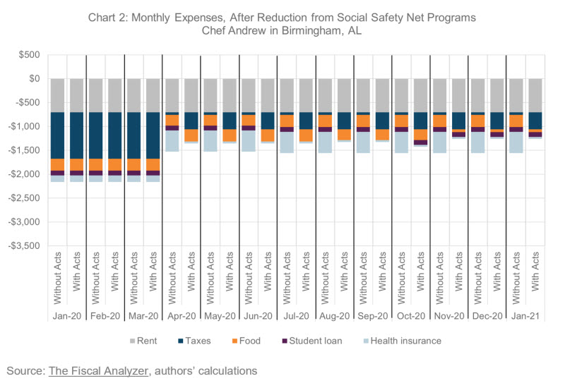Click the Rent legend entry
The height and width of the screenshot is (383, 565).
click(143, 341)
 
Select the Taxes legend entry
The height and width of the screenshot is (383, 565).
click(194, 341)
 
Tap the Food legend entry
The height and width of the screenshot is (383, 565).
click(246, 341)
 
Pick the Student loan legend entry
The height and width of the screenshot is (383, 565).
click(312, 341)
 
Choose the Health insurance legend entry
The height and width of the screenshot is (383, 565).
click(402, 341)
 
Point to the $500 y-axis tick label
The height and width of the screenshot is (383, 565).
click(29, 55)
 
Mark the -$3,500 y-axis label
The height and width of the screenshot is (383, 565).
click(24, 246)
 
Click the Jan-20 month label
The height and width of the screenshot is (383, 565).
click(67, 316)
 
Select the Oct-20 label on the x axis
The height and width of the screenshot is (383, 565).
click(411, 316)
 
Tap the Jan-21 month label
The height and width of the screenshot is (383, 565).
click(525, 316)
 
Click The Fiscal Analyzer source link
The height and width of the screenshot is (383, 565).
click(98, 371)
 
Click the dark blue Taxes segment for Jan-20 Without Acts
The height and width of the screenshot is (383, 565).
click(58, 135)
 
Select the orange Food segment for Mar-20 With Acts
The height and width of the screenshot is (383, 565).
click(153, 164)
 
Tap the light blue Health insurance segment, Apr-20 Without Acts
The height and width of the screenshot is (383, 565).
click(172, 141)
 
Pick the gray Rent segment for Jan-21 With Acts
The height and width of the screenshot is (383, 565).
click(535, 95)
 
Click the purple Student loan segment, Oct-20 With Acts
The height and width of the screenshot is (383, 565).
click(420, 142)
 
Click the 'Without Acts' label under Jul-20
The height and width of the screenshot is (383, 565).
click(287, 278)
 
